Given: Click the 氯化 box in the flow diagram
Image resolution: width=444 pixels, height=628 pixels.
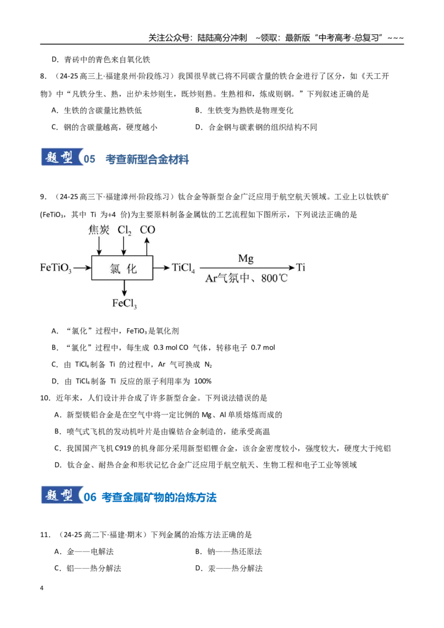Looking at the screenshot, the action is pos(122,267).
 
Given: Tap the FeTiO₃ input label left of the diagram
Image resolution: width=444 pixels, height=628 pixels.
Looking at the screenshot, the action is pos(56,268).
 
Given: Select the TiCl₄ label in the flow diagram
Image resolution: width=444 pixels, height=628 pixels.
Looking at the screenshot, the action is pos(183,267).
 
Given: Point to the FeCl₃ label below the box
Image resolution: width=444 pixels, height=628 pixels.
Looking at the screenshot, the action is pos(124,303).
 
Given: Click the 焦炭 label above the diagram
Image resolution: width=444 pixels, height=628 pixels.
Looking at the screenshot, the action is pos(99,230).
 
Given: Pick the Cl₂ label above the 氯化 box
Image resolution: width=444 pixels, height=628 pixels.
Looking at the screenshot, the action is pos(124,230).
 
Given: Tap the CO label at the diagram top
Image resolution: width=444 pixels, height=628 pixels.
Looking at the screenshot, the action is pos(147,230).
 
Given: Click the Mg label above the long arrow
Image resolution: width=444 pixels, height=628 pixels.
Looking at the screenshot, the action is pos(246,259).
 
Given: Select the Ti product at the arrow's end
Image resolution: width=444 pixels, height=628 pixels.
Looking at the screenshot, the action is pos(301,267).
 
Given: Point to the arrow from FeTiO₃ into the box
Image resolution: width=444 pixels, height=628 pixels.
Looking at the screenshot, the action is pos(83,267).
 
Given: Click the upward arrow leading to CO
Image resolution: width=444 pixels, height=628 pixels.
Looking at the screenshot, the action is pos(147,246).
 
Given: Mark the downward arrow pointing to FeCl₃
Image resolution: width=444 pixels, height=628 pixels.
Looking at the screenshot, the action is pos(124,288).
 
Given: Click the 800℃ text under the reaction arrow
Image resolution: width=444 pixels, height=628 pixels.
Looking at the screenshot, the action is pos(275,278).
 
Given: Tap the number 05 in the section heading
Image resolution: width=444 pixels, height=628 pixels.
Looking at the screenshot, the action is pos(89,159).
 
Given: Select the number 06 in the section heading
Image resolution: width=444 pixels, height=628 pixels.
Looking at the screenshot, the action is pos(90,497).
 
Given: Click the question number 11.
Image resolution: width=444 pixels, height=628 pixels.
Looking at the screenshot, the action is pos(45,535).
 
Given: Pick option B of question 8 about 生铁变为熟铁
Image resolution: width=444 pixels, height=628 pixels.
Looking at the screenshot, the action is pos(244,110).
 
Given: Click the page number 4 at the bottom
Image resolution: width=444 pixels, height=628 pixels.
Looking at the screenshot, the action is pos(42,588).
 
